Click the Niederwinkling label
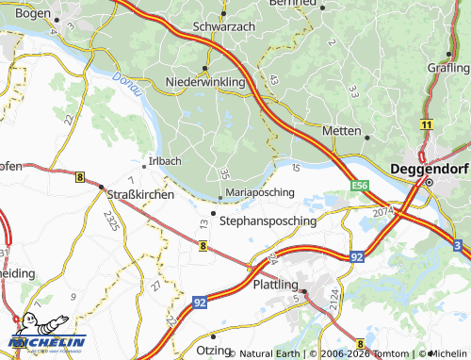tap(205, 82)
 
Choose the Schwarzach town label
tap(222, 26)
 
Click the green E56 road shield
tap(361, 186)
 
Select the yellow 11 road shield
tap(427, 124)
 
